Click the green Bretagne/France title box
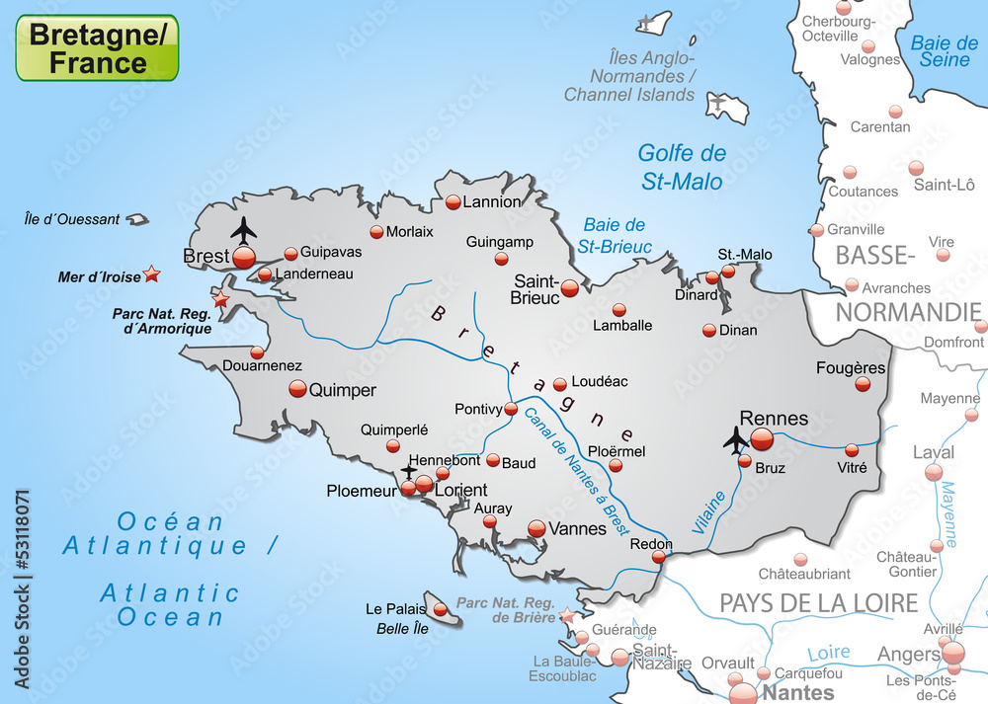click(x=97, y=48)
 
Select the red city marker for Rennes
click(x=762, y=439)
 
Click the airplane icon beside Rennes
click(x=736, y=438)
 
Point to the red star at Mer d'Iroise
click(x=151, y=274)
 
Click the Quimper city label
click(x=342, y=390)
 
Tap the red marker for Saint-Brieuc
click(x=570, y=288)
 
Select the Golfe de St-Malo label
click(x=682, y=167)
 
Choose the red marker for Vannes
click(x=536, y=528)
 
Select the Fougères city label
click(x=851, y=368)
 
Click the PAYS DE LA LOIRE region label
click(x=818, y=602)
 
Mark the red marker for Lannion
click(x=453, y=202)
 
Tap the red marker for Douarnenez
click(x=258, y=352)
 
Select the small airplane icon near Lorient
click(x=409, y=472)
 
